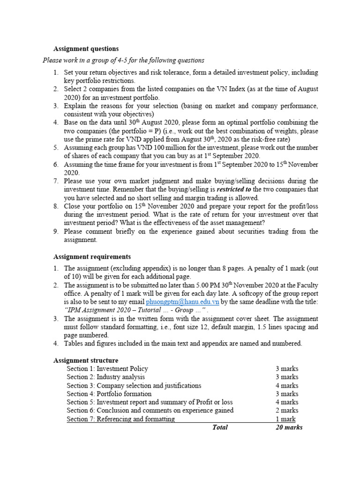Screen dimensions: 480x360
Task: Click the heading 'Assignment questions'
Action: click(x=86, y=49)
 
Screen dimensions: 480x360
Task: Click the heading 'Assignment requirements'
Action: click(x=92, y=256)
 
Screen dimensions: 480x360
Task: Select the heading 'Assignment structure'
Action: click(x=86, y=360)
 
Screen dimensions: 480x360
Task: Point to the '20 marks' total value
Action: click(x=289, y=427)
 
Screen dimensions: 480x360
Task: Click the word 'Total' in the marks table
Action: click(x=220, y=427)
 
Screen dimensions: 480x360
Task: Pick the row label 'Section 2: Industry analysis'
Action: click(x=105, y=377)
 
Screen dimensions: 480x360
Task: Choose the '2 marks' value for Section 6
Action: click(x=287, y=411)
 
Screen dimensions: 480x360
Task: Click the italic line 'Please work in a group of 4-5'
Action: click(x=123, y=60)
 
